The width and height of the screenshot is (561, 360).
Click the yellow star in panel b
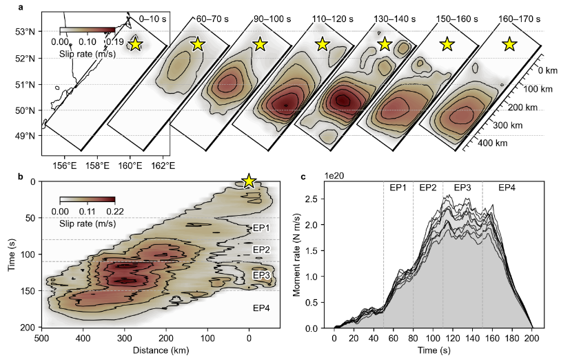249,181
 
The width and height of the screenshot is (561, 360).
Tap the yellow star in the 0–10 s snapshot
135,44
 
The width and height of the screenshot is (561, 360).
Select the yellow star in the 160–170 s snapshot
509,44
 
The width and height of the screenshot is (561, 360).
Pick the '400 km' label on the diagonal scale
491,143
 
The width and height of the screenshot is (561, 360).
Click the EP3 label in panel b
261,275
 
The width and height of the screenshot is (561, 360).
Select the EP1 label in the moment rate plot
398,188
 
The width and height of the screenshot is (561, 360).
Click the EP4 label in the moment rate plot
507,188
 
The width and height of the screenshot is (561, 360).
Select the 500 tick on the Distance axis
42,339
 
